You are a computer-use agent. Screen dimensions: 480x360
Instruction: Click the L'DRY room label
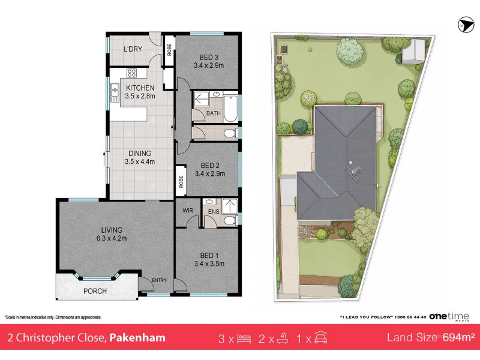tap(133, 49)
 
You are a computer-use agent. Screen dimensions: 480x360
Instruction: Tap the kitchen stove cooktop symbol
tap(131, 73)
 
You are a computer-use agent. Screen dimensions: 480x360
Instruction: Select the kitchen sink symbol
tap(115, 92)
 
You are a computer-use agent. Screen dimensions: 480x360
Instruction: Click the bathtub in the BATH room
tap(230, 109)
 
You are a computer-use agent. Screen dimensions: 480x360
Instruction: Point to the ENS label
tap(214, 212)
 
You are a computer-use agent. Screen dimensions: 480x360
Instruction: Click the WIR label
tap(188, 211)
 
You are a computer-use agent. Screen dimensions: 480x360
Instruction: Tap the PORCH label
tap(95, 291)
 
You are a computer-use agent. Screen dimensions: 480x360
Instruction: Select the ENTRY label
tap(159, 280)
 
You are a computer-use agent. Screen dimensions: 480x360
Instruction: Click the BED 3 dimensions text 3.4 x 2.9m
tap(209, 65)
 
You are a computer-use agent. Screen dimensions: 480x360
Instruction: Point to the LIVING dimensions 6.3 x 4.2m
tap(112, 238)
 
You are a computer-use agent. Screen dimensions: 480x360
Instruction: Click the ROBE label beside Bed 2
tap(181, 182)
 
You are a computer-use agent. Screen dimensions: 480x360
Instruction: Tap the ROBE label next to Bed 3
tap(169, 50)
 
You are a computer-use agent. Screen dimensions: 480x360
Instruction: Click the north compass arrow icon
tap(466, 25)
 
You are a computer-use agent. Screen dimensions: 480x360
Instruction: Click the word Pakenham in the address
tap(137, 338)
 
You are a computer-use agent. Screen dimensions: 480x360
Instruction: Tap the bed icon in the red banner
tap(244, 339)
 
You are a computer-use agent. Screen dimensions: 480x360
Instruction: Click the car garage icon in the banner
tap(320, 338)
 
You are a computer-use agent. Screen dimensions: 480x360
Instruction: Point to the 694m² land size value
tap(458, 337)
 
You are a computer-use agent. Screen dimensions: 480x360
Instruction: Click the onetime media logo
tap(449, 317)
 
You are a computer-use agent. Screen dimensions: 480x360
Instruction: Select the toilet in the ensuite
tap(230, 220)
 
